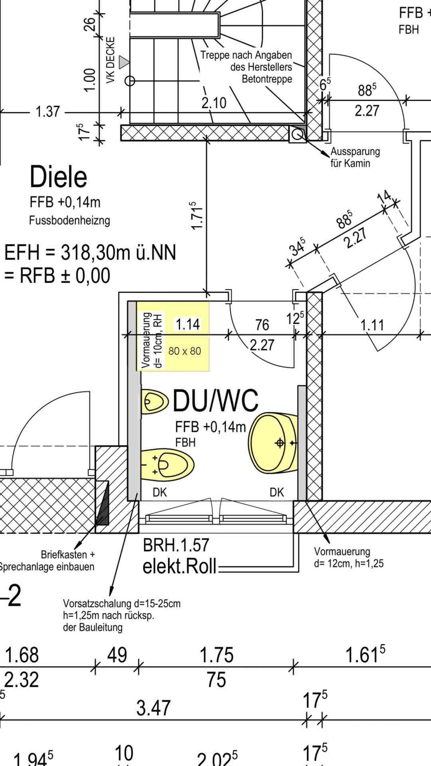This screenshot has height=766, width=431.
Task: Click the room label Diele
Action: tap(58, 177)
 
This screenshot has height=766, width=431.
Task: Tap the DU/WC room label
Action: tap(215, 400)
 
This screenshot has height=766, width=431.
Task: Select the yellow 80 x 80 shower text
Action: tap(184, 351)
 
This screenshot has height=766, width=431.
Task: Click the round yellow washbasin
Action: tap(273, 442)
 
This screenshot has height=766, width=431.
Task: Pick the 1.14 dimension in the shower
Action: tap(187, 324)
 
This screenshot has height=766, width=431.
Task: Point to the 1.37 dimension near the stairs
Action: tap(47, 111)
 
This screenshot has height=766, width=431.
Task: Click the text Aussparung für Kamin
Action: tap(355, 157)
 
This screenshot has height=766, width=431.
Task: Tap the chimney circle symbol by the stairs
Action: tap(297, 134)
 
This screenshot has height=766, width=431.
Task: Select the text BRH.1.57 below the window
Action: tap(176, 545)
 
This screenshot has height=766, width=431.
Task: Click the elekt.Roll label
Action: tap(179, 566)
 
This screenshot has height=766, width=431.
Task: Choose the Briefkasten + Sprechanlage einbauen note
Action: tap(50, 561)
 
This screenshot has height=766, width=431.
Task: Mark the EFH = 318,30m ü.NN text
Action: tap(90, 252)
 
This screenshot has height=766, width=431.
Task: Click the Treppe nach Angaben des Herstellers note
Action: tap(246, 67)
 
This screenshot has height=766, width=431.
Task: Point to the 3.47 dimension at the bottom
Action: tap(154, 708)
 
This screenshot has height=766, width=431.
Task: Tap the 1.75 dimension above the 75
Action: tap(216, 655)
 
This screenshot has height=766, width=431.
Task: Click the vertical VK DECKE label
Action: tap(110, 60)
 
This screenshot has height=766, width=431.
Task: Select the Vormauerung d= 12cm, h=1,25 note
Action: tap(348, 557)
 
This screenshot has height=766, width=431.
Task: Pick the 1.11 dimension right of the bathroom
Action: tap(372, 324)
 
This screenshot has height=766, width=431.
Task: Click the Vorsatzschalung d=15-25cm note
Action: tap(121, 615)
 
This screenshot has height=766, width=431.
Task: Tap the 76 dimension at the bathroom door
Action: tap(262, 324)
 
